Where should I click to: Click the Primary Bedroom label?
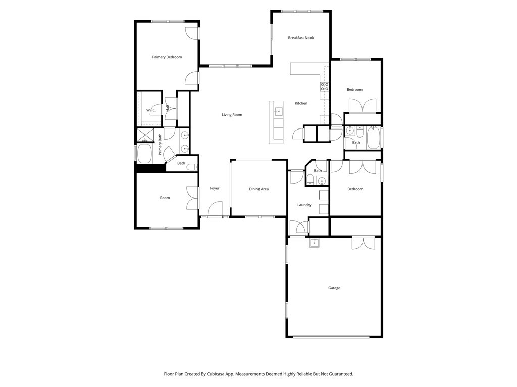pos(167,57)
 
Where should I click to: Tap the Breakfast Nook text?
pos(301,38)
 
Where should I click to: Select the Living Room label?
pos(232,115)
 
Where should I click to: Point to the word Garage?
pos(334,288)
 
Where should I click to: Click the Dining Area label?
pos(259,189)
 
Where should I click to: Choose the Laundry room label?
pos(304,205)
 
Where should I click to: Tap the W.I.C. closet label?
pos(151,110)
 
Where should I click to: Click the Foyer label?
pos(215,188)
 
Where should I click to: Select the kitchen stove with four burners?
pos(325,86)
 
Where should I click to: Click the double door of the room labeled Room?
pos(192,198)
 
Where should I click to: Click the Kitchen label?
pos(301,103)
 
